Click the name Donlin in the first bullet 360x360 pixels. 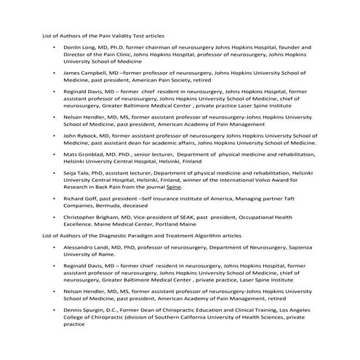[73, 47]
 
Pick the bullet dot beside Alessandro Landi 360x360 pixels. [55, 248]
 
